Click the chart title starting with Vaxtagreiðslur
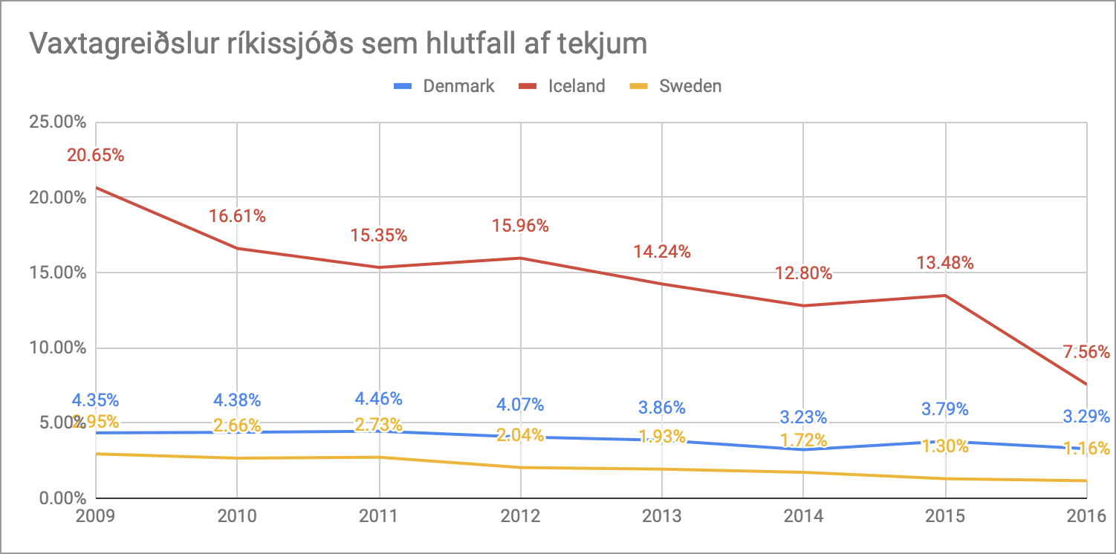click(337, 44)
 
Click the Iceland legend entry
click(577, 86)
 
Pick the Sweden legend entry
click(690, 86)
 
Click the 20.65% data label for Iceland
click(96, 156)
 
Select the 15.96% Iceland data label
click(521, 226)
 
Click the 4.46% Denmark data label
click(379, 399)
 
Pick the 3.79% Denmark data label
click(945, 409)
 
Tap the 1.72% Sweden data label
click(803, 440)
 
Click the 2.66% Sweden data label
click(237, 426)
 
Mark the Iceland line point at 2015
click(945, 296)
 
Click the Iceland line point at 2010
click(237, 248)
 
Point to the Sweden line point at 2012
click(521, 467)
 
